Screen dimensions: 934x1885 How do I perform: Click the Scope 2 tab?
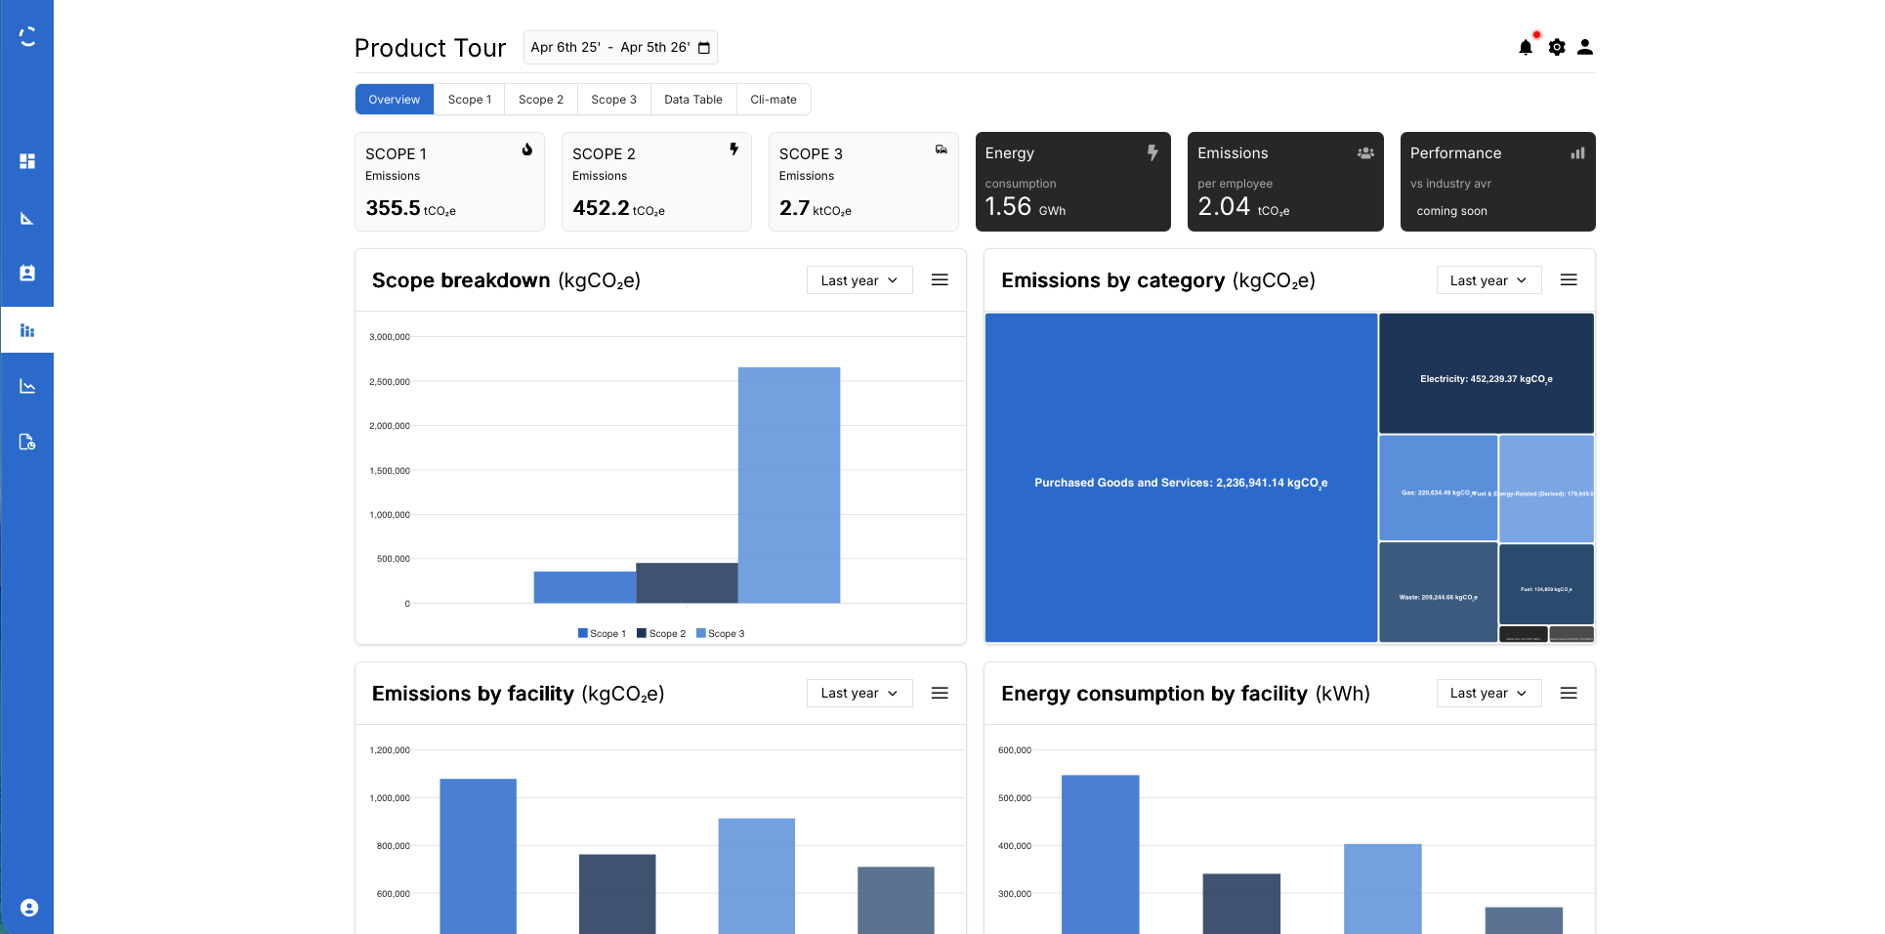540,100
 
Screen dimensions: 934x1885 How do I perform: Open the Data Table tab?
692,100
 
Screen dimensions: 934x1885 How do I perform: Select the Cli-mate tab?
773,100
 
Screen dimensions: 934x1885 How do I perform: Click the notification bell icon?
1525,47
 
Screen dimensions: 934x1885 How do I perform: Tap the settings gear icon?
1556,47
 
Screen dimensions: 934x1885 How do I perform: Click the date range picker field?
619,47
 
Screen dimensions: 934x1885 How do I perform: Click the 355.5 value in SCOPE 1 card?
393,208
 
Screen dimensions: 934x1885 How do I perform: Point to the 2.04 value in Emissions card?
1223,206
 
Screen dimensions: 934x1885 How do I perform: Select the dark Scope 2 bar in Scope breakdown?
687,582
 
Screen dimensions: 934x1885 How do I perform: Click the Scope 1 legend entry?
602,634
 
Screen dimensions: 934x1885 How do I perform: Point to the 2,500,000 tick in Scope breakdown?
389,382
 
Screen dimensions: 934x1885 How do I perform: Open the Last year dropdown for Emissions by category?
1487,280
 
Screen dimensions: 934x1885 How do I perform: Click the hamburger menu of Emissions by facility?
940,693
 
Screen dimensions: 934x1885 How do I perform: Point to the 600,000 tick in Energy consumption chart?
1014,750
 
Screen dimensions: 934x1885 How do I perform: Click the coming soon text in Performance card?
1451,211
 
